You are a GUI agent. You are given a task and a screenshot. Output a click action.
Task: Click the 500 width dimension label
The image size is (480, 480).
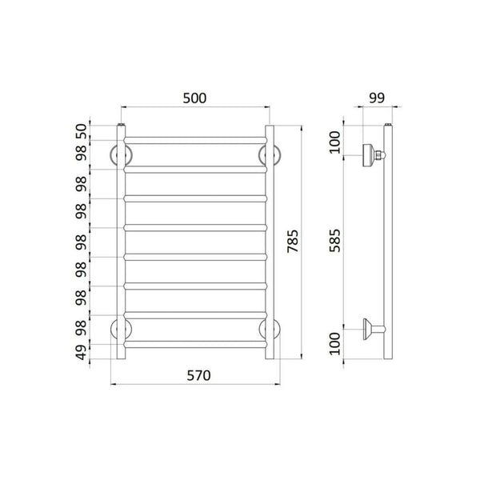pos(194,98)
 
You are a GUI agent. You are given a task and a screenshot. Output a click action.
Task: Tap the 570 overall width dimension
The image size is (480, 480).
pos(198,376)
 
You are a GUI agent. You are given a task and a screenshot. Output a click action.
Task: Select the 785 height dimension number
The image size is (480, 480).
pos(293,242)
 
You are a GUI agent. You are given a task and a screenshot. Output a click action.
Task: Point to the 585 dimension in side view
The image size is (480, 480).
pos(335,240)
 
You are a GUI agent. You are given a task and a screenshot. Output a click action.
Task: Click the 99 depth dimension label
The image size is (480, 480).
pos(377,98)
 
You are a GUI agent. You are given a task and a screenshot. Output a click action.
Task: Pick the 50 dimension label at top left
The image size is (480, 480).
pos(81,131)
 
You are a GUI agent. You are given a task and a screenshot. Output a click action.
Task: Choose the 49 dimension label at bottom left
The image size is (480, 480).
pos(81,352)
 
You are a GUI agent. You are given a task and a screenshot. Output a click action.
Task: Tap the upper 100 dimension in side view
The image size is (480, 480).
pos(335,142)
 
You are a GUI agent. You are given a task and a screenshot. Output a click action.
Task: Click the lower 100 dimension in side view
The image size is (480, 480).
pos(335,343)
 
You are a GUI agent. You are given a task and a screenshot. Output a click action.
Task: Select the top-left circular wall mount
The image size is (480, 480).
pos(111,155)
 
